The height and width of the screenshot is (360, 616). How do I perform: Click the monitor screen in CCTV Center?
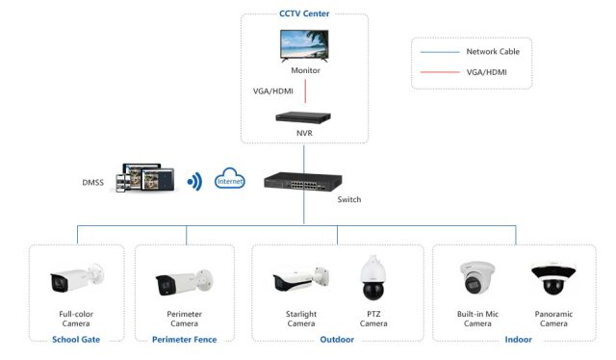[305, 43]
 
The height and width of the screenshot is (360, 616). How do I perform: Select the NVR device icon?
[304, 117]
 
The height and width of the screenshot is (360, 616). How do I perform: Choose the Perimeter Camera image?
[183, 282]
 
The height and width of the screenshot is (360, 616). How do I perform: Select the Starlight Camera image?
[295, 280]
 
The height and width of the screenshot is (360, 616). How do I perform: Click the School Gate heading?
[77, 339]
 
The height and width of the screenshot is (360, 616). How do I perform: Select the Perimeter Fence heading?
[184, 339]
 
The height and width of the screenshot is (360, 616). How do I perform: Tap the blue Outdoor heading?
[337, 339]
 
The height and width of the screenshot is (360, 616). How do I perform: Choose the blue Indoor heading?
[519, 339]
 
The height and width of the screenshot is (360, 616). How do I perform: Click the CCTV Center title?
[304, 13]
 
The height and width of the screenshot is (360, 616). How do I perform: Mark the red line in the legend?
[439, 71]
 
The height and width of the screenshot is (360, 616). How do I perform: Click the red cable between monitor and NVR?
[305, 91]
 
